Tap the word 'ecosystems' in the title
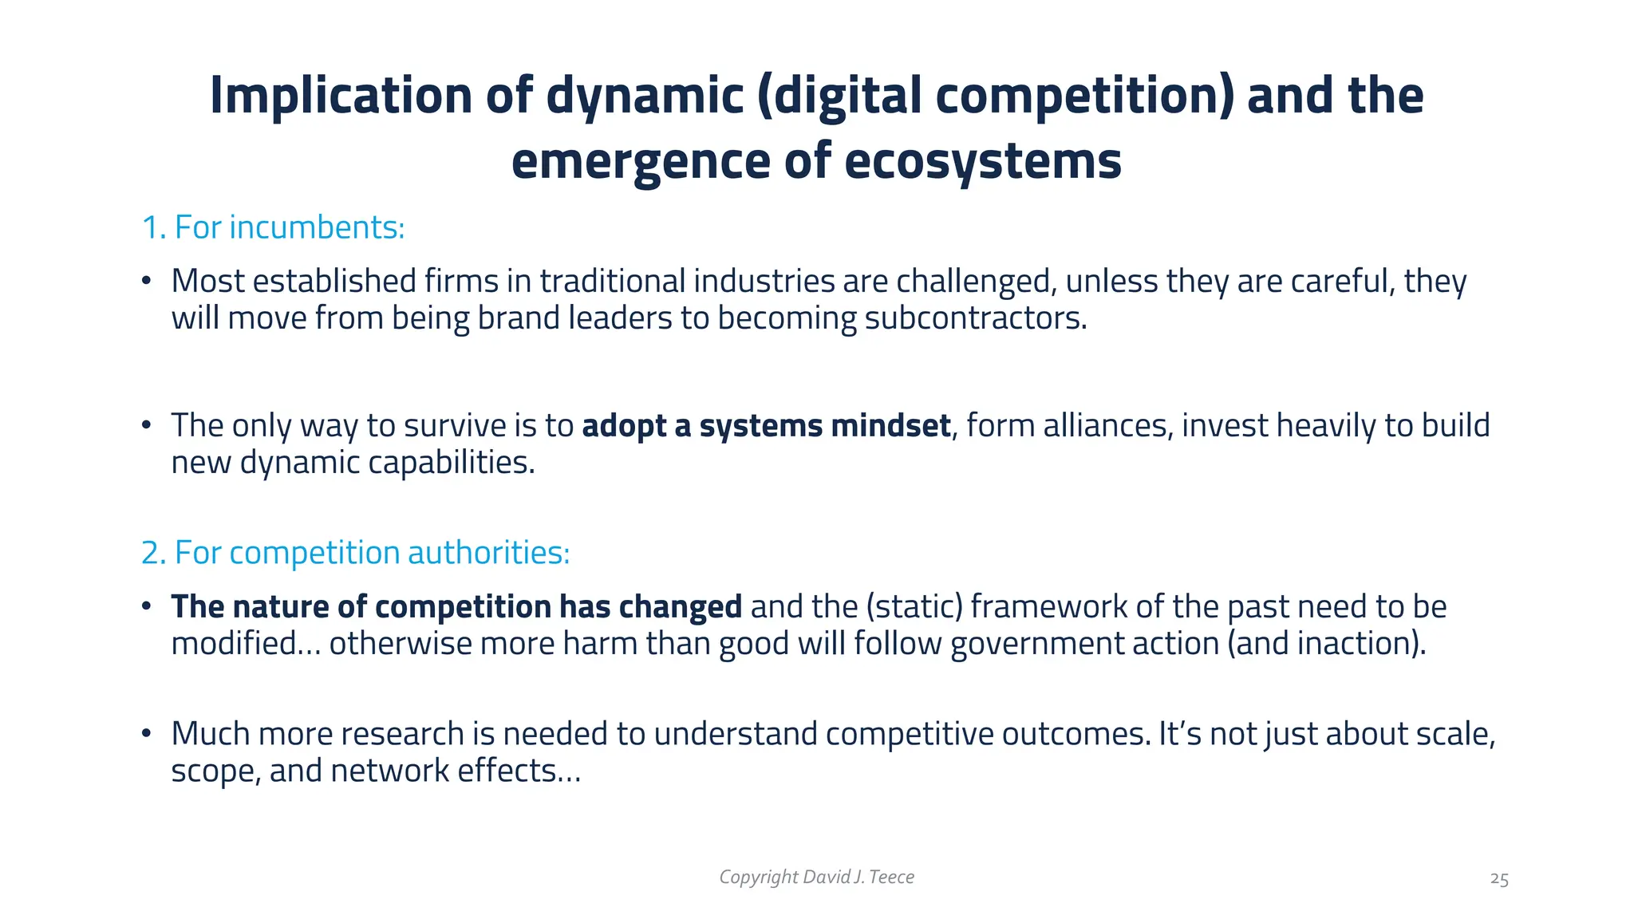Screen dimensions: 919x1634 982,161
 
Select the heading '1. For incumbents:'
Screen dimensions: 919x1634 273,228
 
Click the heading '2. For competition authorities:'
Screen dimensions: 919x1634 355,553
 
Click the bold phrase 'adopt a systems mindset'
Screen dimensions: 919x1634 766,426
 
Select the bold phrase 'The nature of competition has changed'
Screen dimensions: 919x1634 456,607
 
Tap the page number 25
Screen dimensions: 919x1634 1498,879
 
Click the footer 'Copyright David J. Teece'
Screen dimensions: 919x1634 816,878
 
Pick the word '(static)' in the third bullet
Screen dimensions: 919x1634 914,607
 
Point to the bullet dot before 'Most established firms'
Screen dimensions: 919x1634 146,281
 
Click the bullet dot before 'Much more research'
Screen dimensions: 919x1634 146,733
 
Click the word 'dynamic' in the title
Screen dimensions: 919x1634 645,96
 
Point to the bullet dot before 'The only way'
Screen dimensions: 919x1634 146,425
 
